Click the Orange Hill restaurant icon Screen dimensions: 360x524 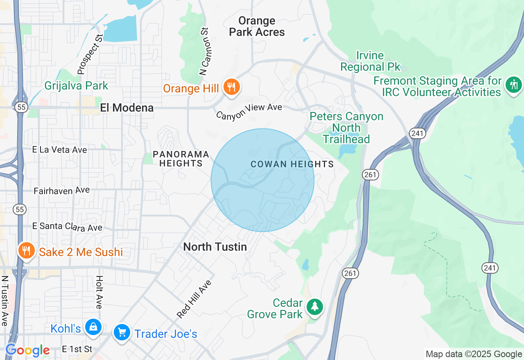(x=232, y=88)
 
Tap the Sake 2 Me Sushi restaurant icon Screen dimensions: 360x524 (x=26, y=251)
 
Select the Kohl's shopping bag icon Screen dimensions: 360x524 (x=93, y=327)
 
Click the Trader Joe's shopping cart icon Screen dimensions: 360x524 (x=122, y=333)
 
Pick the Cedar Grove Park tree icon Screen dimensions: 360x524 (x=314, y=307)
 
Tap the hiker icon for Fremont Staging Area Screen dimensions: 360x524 (x=514, y=85)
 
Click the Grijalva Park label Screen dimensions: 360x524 (x=76, y=86)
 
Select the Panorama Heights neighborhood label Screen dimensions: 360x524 (x=181, y=159)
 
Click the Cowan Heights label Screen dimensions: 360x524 (x=292, y=164)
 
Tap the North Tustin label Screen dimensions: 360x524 (x=215, y=247)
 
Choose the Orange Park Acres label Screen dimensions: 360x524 (x=257, y=26)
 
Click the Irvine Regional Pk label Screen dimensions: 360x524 (x=370, y=61)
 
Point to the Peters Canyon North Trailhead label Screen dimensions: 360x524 (x=346, y=128)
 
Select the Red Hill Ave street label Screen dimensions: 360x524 (x=194, y=299)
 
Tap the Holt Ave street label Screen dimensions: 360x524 (x=99, y=292)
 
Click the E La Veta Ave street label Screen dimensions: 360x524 (x=60, y=150)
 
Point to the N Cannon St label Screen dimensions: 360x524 (x=205, y=51)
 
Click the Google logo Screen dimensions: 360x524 (x=28, y=350)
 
